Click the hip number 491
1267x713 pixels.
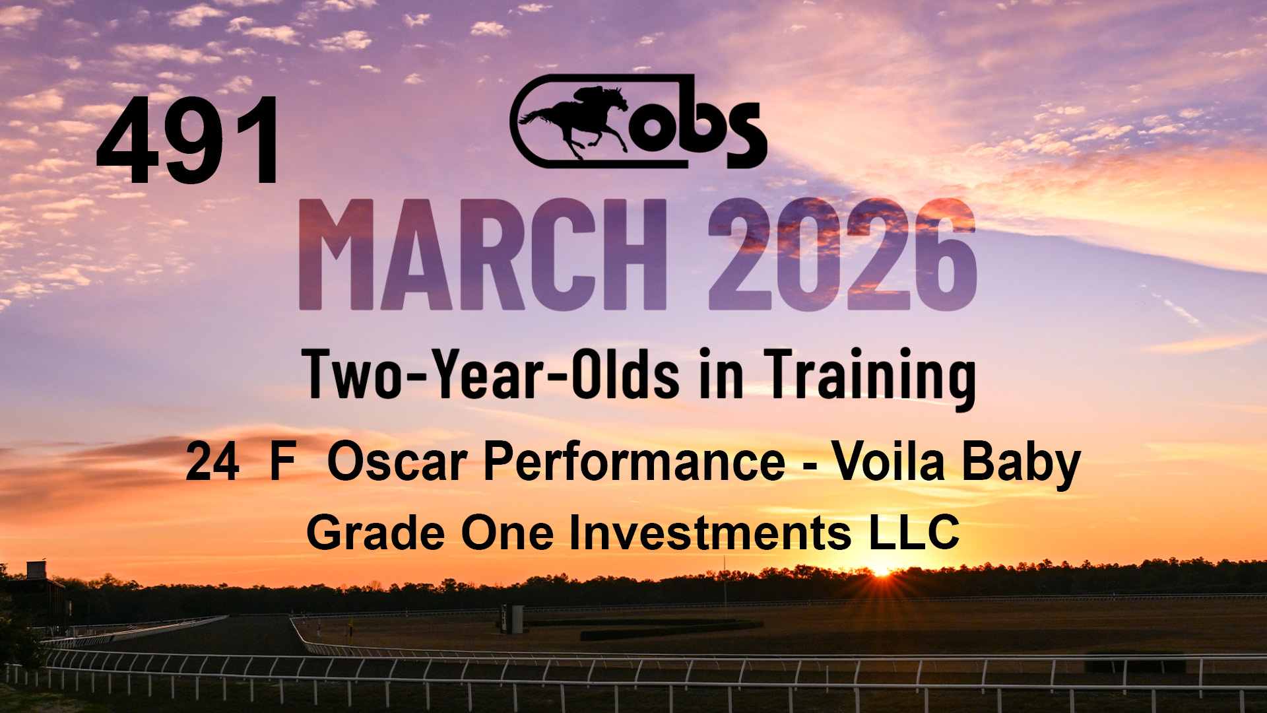point(188,141)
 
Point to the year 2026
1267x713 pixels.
point(842,254)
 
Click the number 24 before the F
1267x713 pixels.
point(212,462)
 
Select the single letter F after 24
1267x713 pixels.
point(282,462)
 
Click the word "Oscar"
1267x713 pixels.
point(397,461)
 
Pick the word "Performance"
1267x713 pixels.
point(634,461)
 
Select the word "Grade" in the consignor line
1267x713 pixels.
point(375,533)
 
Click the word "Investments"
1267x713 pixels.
point(710,533)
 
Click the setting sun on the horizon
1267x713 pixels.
point(881,569)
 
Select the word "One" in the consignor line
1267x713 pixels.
point(507,533)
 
